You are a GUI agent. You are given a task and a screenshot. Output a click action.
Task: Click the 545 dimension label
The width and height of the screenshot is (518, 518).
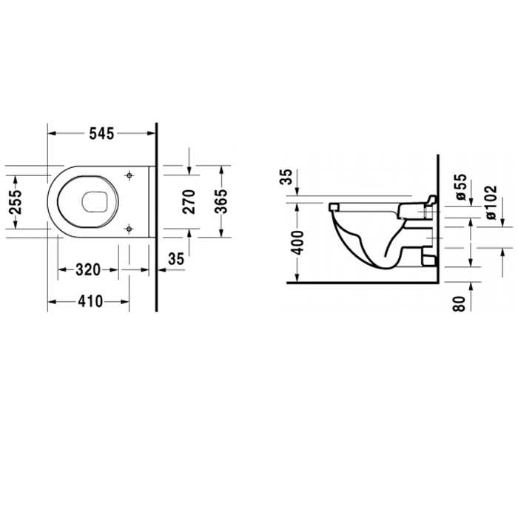tap(101, 133)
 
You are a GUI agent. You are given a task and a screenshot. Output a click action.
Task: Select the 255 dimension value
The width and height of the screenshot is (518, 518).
tap(16, 202)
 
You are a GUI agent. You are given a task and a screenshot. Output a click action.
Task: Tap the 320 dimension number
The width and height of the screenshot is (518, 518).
tap(88, 270)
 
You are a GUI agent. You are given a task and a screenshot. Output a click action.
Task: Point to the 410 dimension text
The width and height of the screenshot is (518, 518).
tap(90, 302)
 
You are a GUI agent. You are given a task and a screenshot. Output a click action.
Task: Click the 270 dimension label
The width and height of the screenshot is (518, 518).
tap(189, 201)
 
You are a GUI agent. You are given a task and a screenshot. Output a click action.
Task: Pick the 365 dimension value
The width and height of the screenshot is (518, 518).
tap(221, 201)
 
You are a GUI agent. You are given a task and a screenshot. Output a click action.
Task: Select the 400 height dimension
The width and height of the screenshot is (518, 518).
tap(298, 243)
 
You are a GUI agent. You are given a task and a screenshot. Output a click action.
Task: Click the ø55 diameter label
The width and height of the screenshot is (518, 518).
tap(461, 187)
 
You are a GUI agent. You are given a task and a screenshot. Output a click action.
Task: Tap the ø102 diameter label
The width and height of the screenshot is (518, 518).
tap(490, 202)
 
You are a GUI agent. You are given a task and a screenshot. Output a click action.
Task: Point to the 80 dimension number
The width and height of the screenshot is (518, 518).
tap(460, 303)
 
